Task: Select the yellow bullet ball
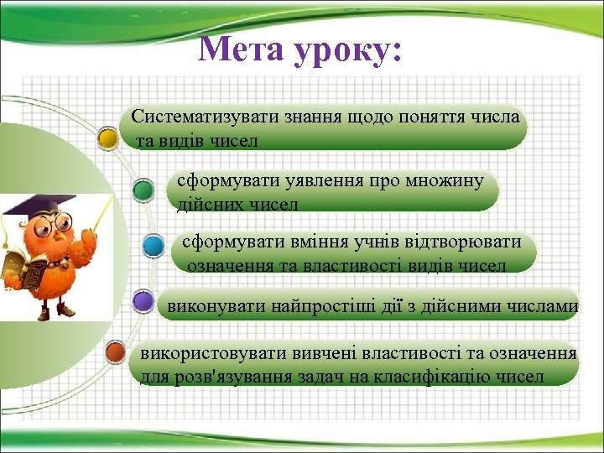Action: [x=107, y=137]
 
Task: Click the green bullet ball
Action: [x=143, y=190]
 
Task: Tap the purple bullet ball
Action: [x=143, y=300]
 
